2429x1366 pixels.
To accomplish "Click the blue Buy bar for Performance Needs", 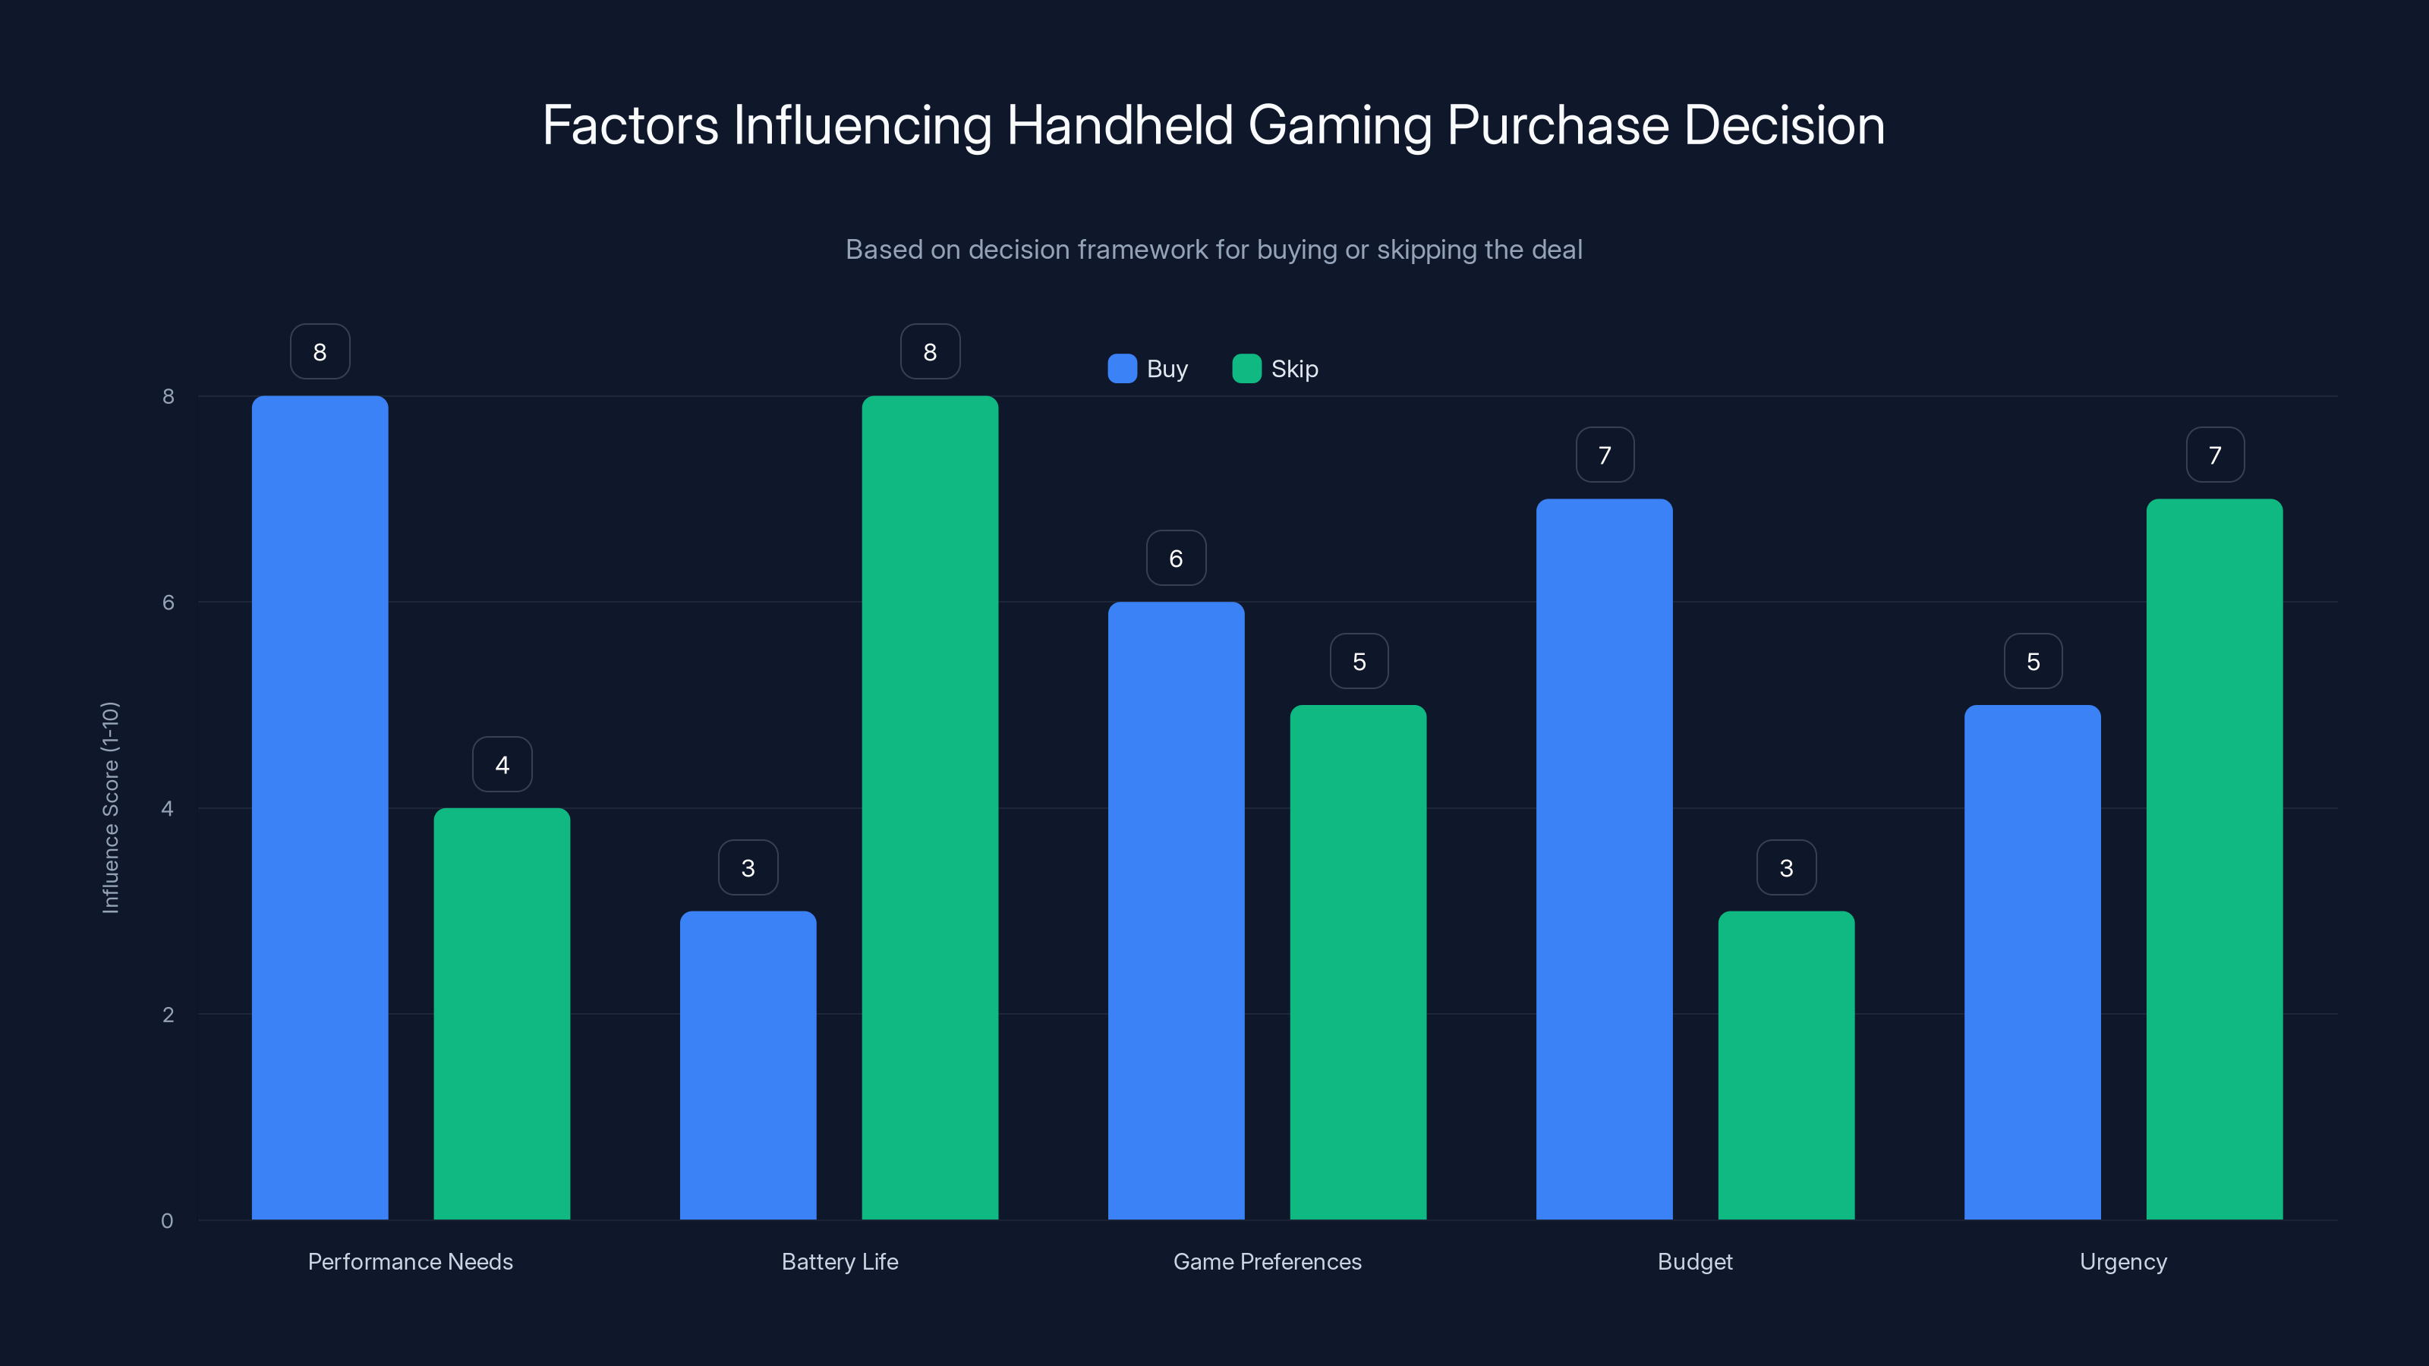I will [x=320, y=808].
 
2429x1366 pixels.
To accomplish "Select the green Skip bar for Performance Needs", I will [x=502, y=1013].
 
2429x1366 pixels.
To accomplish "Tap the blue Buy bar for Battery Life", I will [x=748, y=1065].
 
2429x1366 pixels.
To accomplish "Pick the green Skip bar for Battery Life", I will [x=930, y=808].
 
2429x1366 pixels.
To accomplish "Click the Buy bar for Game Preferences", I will [x=1176, y=911].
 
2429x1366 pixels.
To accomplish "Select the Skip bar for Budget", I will [x=1786, y=1065].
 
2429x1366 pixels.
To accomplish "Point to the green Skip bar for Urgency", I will [x=2214, y=859].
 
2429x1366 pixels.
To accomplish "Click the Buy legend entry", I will [x=1148, y=369].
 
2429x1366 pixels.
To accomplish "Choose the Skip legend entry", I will [x=1275, y=369].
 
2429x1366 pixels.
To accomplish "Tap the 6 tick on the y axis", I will [x=168, y=603].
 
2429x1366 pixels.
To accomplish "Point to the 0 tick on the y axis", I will [x=167, y=1221].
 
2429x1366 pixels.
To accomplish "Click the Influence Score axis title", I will [x=110, y=808].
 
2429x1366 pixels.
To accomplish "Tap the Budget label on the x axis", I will [x=1694, y=1261].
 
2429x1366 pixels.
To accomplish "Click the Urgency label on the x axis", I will [x=2122, y=1261].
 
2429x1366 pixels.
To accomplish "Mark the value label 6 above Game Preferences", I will [x=1176, y=558].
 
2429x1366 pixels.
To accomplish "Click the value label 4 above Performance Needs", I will [x=502, y=764].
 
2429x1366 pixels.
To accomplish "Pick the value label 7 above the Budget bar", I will [x=1604, y=455].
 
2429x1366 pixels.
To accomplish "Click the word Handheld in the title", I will [x=1120, y=125].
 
